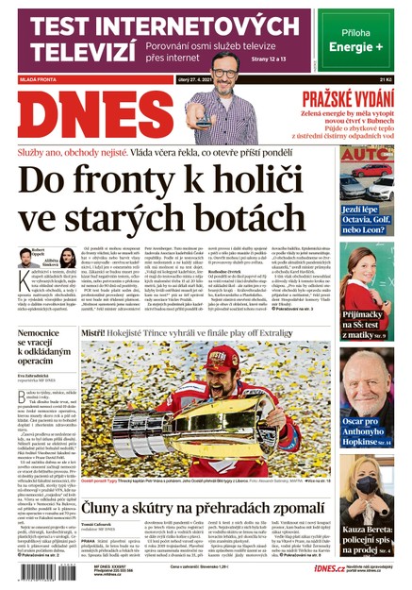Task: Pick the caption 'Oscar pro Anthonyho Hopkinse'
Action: click(x=367, y=404)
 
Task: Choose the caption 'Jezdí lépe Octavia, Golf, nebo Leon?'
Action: click(x=367, y=221)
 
